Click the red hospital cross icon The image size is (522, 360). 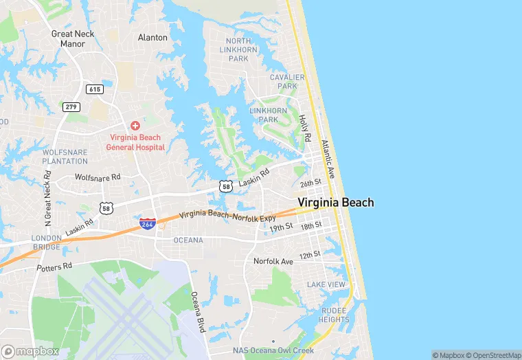tap(135, 125)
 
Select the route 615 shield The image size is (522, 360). tap(94, 89)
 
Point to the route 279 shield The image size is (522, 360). tap(71, 106)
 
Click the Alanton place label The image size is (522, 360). tap(152, 37)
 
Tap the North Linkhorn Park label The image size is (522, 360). tap(238, 49)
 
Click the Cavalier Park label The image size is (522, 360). tap(287, 82)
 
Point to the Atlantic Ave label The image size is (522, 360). tap(328, 159)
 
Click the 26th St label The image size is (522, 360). tap(310, 183)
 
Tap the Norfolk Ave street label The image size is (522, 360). tap(273, 261)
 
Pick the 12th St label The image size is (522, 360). tap(310, 255)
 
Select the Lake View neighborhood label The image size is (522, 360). tap(326, 284)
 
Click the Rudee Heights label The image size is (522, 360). tap(334, 315)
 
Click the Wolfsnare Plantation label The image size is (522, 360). tap(65, 156)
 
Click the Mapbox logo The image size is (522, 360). tap(30, 351)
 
